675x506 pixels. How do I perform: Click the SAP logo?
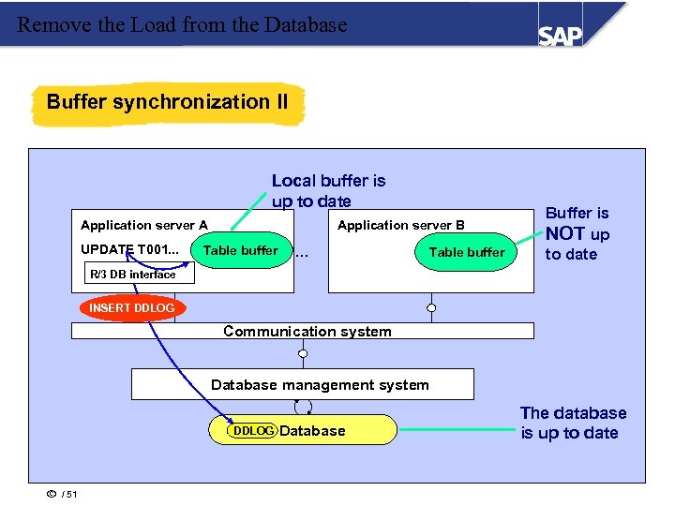pos(561,35)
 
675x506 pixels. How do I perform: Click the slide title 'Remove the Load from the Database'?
pos(182,25)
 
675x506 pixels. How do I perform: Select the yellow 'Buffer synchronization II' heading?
pos(168,102)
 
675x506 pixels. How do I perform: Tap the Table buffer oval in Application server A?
pos(241,250)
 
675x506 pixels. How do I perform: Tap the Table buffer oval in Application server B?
pos(466,252)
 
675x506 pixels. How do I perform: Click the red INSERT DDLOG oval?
pos(131,308)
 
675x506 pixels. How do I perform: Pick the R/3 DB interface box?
pos(132,275)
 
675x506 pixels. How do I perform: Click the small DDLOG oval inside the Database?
pos(253,431)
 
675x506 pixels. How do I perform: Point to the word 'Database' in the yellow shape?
pos(312,431)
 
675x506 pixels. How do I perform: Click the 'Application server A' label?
pos(144,225)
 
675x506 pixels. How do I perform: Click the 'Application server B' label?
pos(401,225)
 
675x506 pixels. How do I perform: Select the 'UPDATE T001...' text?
pos(130,250)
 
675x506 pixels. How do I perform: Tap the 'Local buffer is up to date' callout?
pos(328,191)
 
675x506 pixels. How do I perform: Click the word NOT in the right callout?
pos(565,233)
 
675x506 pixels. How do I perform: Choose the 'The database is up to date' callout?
pos(573,423)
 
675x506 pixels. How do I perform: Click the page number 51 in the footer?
pos(72,495)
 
